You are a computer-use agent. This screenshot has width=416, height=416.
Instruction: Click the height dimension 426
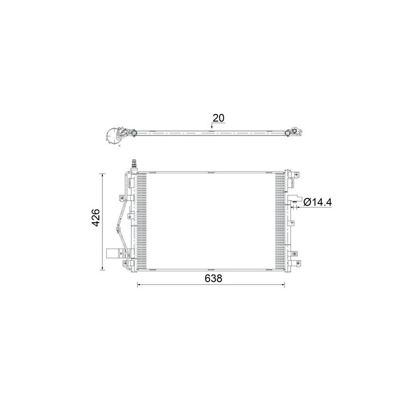click(96, 217)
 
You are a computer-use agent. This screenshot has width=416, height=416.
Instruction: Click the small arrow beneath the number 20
click(211, 127)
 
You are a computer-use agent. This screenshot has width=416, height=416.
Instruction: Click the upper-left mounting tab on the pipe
click(122, 198)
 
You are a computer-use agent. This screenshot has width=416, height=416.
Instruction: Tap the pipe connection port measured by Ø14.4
click(295, 201)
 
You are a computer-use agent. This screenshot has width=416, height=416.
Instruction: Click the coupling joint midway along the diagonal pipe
click(117, 228)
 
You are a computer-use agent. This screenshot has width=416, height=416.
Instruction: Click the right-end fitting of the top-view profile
click(295, 131)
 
